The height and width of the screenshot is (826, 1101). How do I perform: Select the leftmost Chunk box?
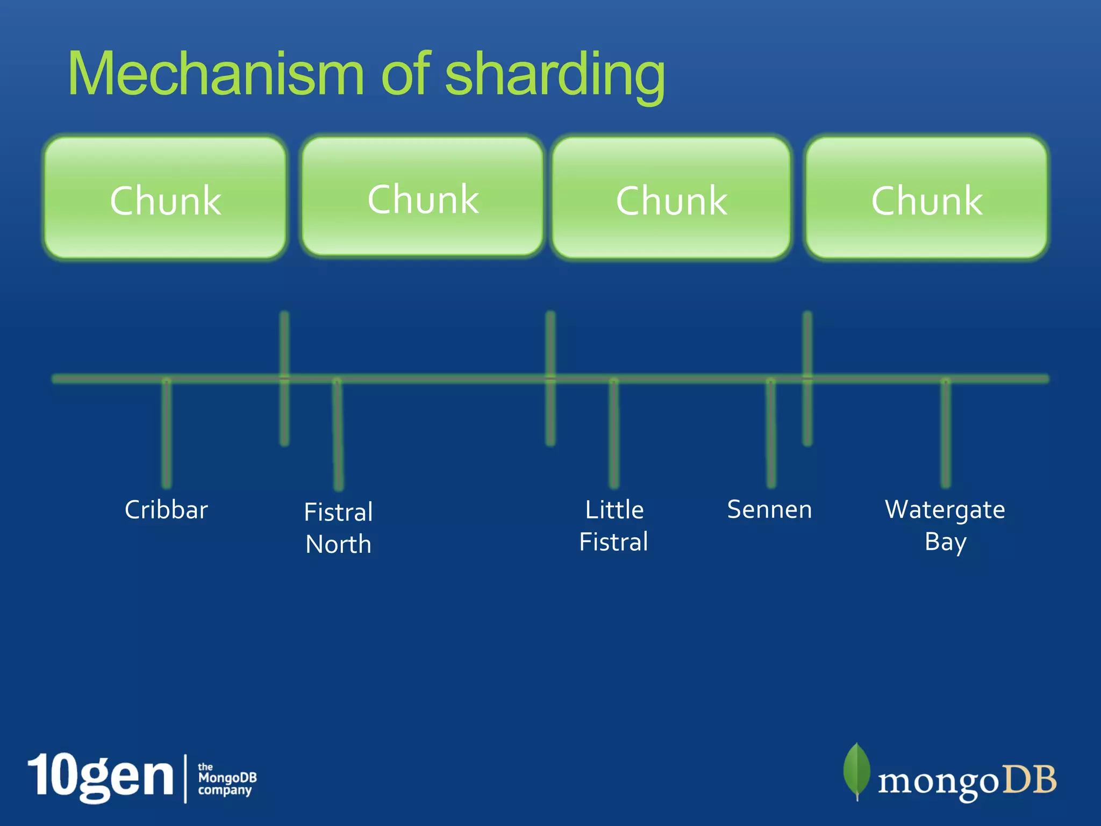[x=165, y=198]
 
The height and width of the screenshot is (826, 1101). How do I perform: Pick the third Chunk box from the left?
[x=671, y=198]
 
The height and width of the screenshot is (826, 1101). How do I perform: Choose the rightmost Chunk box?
[x=927, y=198]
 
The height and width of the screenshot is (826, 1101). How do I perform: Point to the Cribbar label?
[x=166, y=509]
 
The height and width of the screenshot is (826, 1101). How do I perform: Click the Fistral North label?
[x=338, y=528]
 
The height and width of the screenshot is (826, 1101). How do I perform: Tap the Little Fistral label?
[x=614, y=525]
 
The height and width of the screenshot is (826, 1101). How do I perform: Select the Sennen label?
[x=769, y=509]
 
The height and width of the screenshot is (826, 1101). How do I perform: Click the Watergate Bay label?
[x=945, y=525]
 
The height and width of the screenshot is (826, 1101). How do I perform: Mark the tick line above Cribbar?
[x=167, y=433]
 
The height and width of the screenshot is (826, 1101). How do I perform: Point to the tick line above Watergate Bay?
[x=946, y=433]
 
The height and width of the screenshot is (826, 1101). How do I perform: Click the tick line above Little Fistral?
[x=614, y=433]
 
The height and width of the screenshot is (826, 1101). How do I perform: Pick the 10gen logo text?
[x=101, y=778]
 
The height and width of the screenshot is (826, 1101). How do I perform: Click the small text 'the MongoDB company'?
[x=227, y=779]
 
